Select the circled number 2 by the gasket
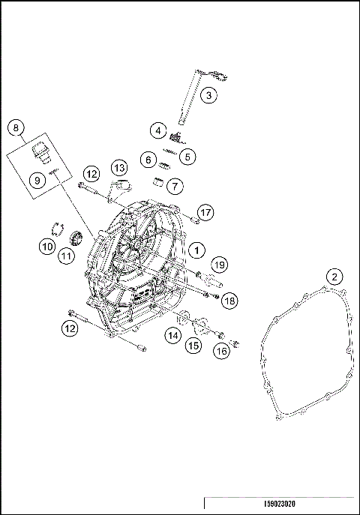pos(331,276)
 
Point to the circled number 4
pos(158,130)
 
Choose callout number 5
pos(186,157)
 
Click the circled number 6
pos(148,160)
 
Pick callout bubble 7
pos(174,184)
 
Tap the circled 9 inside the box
pos(34,180)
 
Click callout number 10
pos(46,245)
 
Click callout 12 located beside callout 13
pos(91,174)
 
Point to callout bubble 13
pos(118,166)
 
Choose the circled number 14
pos(173,336)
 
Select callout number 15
pos(194,346)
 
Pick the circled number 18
pos(229,300)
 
